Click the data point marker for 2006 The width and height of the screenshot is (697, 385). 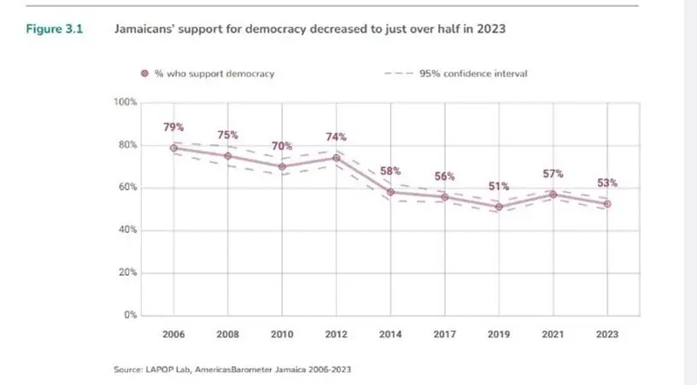click(x=173, y=148)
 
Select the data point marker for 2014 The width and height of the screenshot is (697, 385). click(x=390, y=192)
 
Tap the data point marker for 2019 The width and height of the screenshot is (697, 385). click(x=499, y=207)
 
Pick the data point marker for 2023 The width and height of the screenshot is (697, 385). click(x=607, y=203)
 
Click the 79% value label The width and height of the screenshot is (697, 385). click(x=173, y=127)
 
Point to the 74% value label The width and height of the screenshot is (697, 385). click(x=336, y=138)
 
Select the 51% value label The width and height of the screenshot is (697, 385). click(x=499, y=186)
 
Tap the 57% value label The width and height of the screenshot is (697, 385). click(x=553, y=174)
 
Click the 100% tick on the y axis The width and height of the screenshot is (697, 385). click(x=126, y=102)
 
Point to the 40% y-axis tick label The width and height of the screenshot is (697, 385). click(x=127, y=230)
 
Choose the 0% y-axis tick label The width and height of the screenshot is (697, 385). click(x=130, y=316)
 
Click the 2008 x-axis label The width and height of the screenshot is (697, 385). click(x=228, y=335)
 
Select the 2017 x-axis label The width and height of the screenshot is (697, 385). click(x=444, y=335)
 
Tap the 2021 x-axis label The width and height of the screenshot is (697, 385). click(x=553, y=335)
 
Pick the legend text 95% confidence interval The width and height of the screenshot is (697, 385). click(x=472, y=73)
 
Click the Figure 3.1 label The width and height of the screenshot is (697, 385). click(x=54, y=28)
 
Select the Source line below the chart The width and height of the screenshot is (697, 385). click(x=231, y=370)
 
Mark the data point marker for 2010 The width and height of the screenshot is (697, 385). click(x=282, y=166)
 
